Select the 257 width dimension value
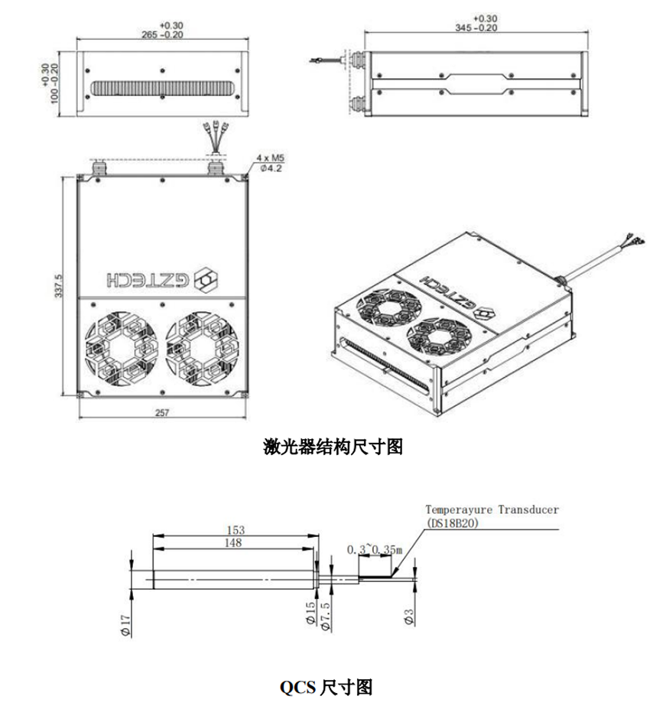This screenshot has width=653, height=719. point(161,413)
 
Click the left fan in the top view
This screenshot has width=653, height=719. point(122,348)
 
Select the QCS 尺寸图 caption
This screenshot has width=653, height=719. point(326,688)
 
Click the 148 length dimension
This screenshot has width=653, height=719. point(233,543)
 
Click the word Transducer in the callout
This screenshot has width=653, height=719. point(528,509)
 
